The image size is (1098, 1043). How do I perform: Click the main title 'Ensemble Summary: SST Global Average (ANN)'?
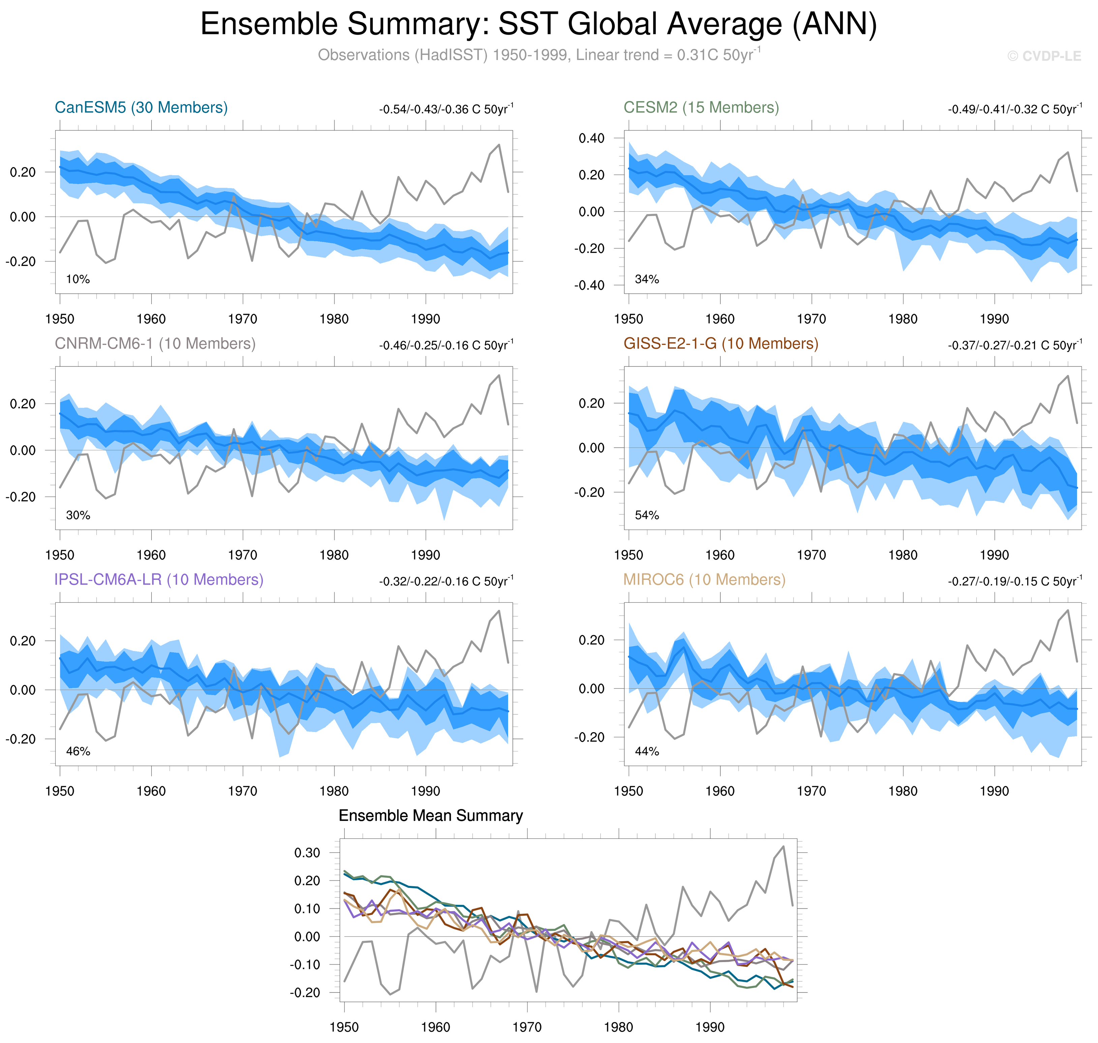click(538, 25)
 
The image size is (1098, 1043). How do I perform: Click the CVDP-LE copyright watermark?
click(1043, 56)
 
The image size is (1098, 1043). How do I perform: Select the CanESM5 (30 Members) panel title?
click(141, 107)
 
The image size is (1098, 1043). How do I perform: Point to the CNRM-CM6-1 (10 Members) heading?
click(155, 344)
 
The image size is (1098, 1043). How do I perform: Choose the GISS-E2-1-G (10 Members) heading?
click(720, 344)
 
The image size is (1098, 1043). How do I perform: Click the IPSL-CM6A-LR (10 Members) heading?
click(158, 579)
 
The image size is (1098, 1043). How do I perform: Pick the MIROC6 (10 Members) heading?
click(704, 579)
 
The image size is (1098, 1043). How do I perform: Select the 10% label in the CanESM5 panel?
click(78, 279)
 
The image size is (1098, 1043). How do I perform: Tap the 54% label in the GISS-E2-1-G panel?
click(647, 515)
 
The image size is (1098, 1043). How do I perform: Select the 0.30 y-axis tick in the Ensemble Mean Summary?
click(307, 853)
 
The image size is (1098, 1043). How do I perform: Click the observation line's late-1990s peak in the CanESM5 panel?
click(499, 145)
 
